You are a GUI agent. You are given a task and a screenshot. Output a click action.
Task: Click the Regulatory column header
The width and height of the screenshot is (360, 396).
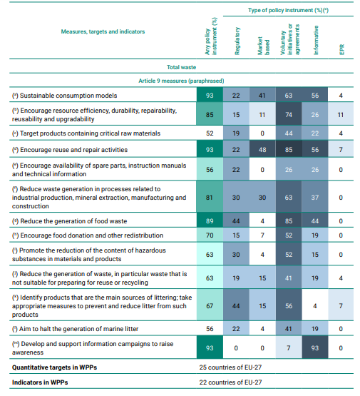237,41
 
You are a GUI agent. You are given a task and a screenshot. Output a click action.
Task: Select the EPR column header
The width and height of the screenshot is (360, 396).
341,49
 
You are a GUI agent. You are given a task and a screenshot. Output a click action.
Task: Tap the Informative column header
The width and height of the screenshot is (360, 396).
316,40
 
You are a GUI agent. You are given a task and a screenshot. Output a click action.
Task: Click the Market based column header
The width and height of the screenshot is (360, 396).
263,46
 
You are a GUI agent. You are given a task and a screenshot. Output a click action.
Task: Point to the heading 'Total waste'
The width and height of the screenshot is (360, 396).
181,67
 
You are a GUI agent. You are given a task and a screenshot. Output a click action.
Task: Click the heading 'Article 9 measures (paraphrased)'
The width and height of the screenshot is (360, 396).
181,81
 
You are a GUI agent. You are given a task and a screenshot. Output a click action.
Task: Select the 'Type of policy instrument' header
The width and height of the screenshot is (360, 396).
288,10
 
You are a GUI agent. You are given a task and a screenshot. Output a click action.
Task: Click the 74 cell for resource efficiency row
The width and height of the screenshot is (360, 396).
289,115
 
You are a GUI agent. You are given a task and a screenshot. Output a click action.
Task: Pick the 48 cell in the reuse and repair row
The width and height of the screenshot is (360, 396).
262,150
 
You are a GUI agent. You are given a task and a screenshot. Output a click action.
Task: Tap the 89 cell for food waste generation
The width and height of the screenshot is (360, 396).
210,221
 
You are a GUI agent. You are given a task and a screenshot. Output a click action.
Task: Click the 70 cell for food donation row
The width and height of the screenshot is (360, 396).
210,235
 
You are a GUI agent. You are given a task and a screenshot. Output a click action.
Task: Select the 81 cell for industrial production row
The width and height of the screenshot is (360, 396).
210,198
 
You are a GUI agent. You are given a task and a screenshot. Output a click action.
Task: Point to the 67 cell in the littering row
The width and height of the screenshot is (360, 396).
210,306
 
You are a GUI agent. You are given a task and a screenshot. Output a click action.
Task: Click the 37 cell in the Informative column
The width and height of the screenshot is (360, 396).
315,198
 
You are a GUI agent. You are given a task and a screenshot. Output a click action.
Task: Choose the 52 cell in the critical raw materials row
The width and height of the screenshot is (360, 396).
210,133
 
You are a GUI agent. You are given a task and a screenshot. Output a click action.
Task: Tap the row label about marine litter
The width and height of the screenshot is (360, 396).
75,329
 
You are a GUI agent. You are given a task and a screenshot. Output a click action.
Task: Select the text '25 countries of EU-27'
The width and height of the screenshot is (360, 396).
230,367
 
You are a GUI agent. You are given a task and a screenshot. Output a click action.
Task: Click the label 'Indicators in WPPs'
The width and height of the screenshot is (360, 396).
40,382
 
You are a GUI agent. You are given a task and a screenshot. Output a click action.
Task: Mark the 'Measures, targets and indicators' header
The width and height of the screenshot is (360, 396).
103,31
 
